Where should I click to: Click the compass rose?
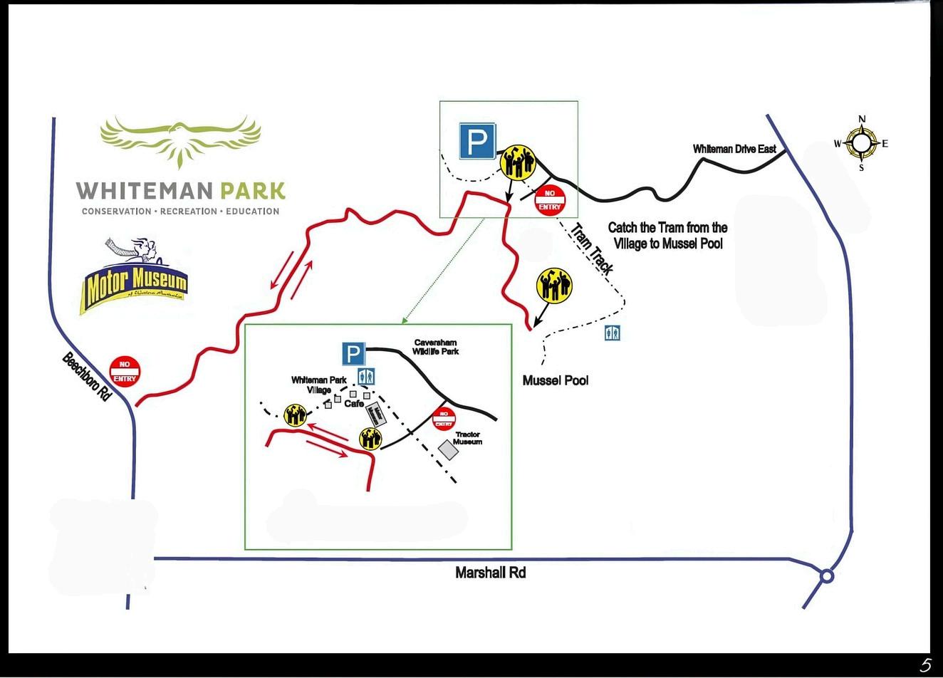[862, 144]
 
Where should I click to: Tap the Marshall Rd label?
[490, 573]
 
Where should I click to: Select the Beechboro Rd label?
[87, 377]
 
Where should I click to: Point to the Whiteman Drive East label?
[734, 150]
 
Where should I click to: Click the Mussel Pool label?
[556, 380]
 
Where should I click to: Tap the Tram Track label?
[592, 246]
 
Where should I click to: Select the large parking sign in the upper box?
[477, 141]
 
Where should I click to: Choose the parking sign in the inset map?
[353, 354]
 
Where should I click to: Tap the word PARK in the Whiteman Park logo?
[252, 191]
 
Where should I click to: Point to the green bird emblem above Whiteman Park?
[180, 140]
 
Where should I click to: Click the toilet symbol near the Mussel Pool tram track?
[613, 333]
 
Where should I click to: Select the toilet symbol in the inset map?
[366, 376]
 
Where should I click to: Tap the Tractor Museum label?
[468, 438]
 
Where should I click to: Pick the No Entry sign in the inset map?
[444, 419]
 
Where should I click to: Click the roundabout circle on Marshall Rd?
[827, 575]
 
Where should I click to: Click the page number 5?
[925, 665]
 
